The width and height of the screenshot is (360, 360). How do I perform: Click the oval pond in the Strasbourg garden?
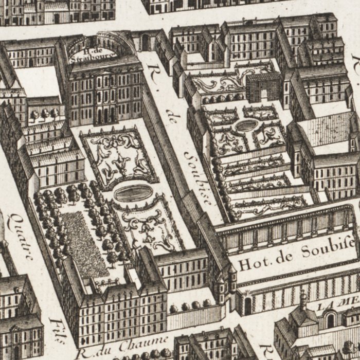[133, 193]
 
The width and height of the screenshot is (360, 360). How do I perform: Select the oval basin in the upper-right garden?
[246, 125]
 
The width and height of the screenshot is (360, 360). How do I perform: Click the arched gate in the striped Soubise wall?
[248, 307]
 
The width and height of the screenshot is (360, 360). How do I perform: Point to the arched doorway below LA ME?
[330, 321]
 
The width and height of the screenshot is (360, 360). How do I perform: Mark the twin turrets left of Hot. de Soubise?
[227, 278]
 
